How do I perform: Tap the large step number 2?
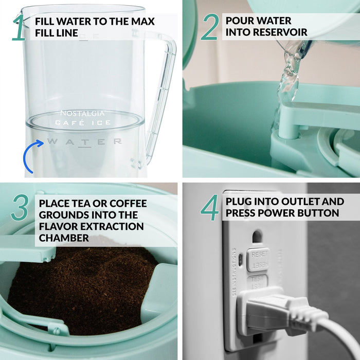209,27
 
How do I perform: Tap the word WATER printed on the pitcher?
84,141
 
